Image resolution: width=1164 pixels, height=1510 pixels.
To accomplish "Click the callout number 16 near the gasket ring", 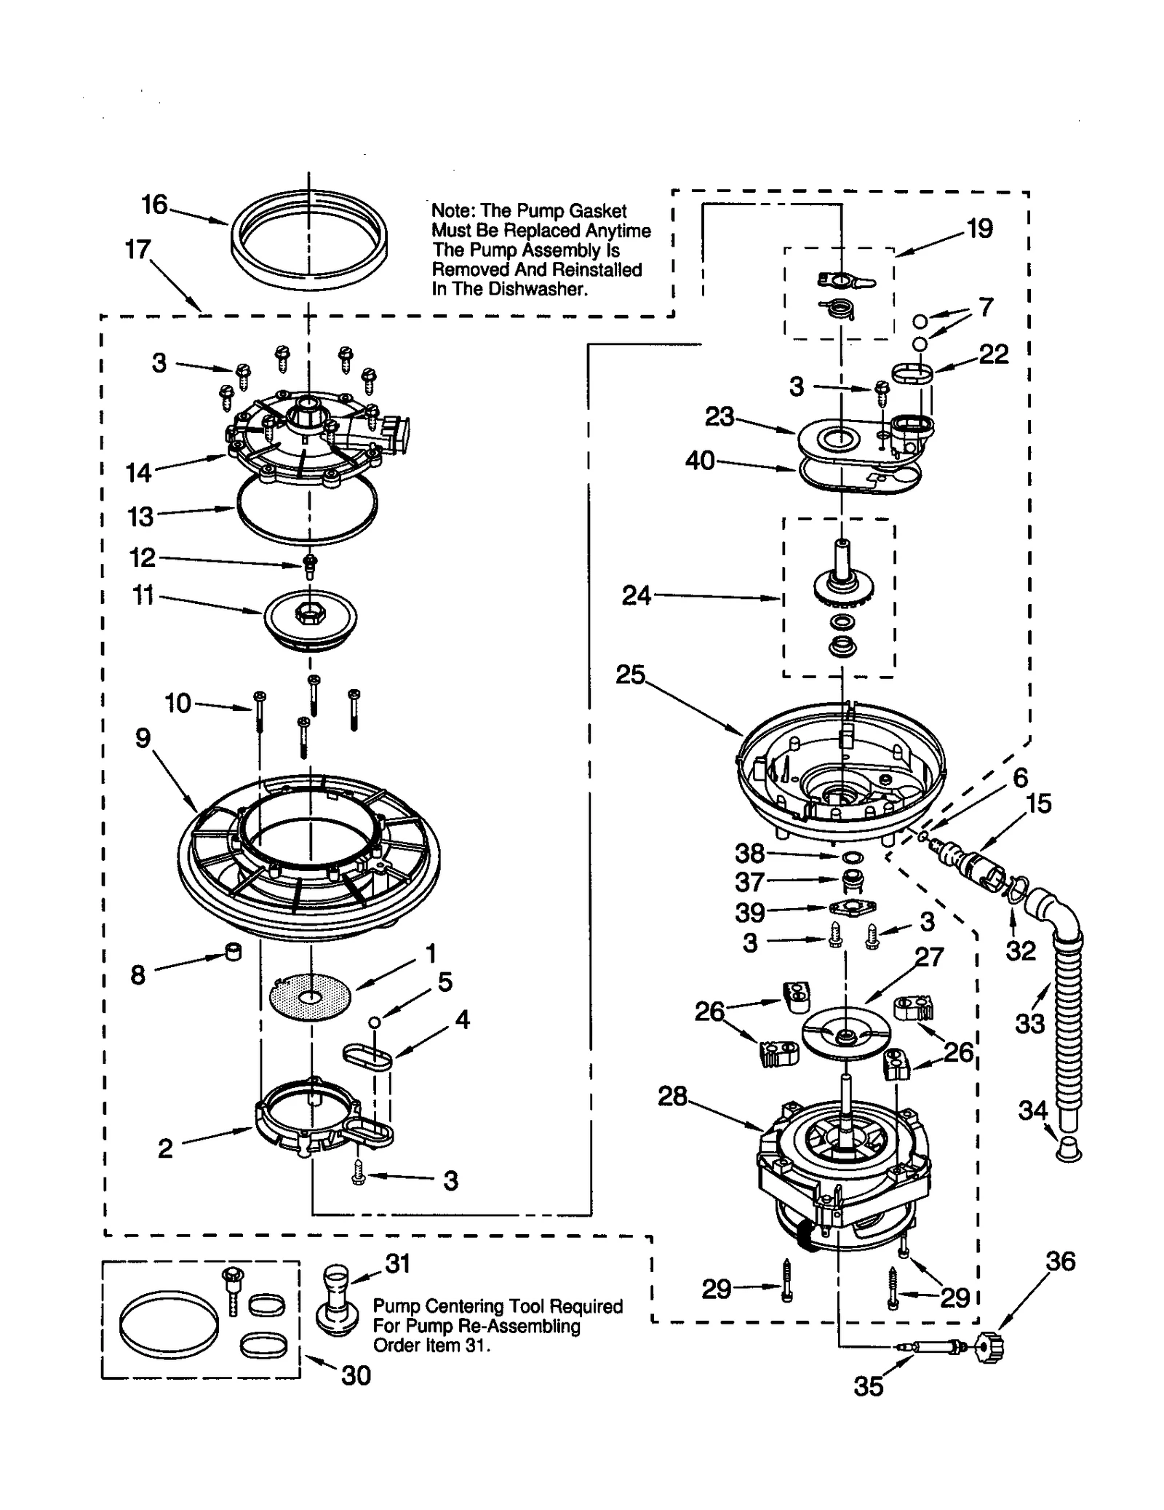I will tap(154, 205).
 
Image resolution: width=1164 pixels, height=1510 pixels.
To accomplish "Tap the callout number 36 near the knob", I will tap(1060, 1261).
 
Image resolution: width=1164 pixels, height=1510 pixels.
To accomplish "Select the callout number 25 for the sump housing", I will tap(630, 675).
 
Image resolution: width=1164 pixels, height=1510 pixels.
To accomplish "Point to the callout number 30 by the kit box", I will tap(356, 1375).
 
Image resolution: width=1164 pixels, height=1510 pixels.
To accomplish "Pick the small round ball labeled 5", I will tap(375, 1022).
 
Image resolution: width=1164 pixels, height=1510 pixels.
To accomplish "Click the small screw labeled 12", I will tap(310, 565).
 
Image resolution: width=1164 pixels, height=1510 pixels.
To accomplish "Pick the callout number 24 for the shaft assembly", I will tap(637, 596).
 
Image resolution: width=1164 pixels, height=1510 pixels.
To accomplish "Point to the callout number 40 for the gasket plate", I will tap(700, 461).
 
